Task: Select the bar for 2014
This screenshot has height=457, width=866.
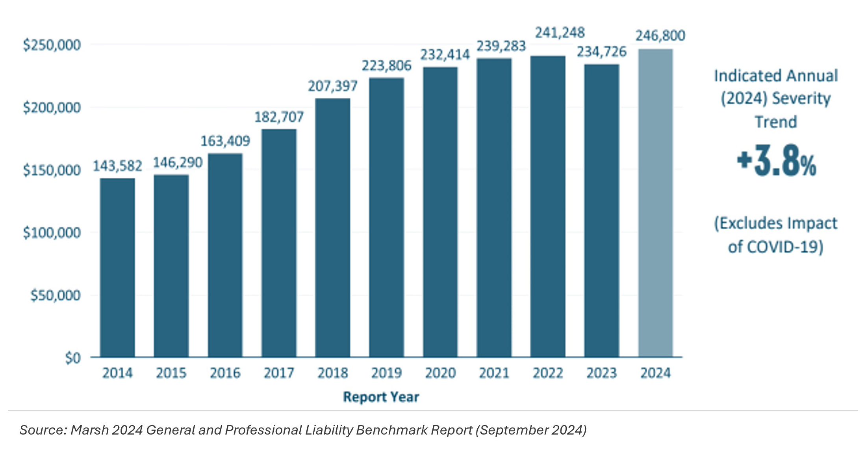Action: pos(117,268)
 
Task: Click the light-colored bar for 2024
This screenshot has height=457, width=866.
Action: pos(655,203)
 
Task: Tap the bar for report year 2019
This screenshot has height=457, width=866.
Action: pos(386,217)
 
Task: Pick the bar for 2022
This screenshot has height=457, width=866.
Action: pos(548,206)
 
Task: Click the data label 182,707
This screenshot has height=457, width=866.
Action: pos(279,117)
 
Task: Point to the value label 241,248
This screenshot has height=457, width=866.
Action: pos(560,33)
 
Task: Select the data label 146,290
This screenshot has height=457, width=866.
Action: pos(178,162)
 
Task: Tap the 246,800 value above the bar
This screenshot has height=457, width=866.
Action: pos(660,36)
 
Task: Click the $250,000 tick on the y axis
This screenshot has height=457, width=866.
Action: pos(52,45)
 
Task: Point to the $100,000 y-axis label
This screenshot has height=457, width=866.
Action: pos(52,233)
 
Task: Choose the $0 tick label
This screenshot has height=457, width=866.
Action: pos(73,358)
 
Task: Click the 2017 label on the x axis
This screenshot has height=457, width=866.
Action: pos(279,373)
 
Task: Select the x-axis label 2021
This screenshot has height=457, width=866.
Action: pos(494,373)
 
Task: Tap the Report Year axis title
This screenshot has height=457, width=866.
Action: pos(381,397)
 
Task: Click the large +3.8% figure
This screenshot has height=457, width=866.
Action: pos(777,161)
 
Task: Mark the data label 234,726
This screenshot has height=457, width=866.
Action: pos(602,52)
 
